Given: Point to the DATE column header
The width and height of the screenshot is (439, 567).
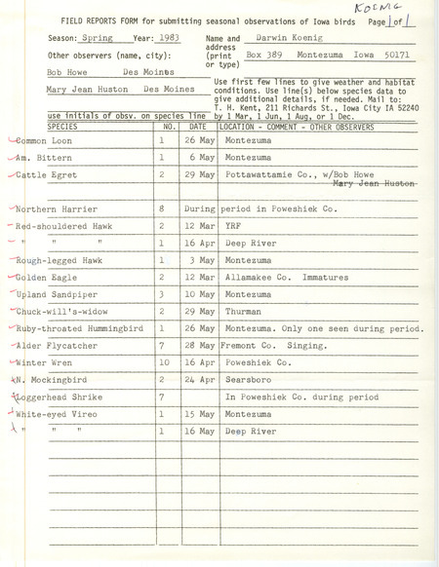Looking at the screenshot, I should pyautogui.click(x=197, y=126).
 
